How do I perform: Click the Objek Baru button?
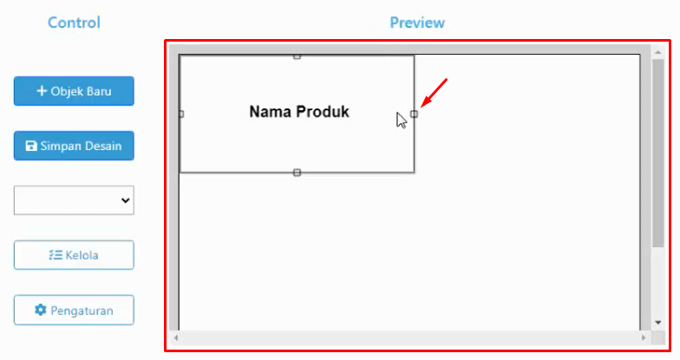(x=74, y=91)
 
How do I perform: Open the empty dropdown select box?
(x=74, y=200)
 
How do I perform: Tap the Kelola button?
(x=74, y=255)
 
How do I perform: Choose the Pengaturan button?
(x=74, y=311)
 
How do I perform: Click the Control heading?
(x=74, y=23)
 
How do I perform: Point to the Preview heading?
(x=417, y=23)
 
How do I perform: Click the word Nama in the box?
(x=271, y=112)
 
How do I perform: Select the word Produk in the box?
(x=323, y=112)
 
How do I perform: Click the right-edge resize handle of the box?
(x=415, y=115)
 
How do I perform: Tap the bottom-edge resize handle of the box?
(x=297, y=173)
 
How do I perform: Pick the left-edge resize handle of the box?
(x=181, y=115)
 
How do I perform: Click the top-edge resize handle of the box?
(x=297, y=56)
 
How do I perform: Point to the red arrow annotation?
(x=434, y=93)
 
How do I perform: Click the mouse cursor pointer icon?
(x=401, y=121)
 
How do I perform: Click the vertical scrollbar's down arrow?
(x=657, y=323)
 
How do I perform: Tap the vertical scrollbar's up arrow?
(x=657, y=52)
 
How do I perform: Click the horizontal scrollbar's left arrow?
(x=175, y=337)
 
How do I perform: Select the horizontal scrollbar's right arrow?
(x=644, y=337)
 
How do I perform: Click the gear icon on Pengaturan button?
(x=40, y=310)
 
